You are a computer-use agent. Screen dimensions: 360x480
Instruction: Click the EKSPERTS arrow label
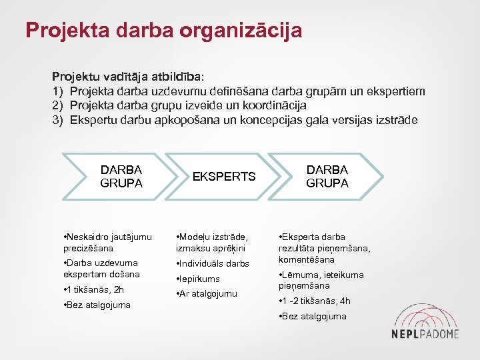224,177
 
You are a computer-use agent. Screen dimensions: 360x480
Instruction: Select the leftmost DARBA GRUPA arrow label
121,177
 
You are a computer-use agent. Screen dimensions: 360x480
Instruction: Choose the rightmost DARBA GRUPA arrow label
327,177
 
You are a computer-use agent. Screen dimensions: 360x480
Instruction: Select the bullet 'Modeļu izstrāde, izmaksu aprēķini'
213,242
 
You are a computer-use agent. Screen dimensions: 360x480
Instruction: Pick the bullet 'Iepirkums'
199,279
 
